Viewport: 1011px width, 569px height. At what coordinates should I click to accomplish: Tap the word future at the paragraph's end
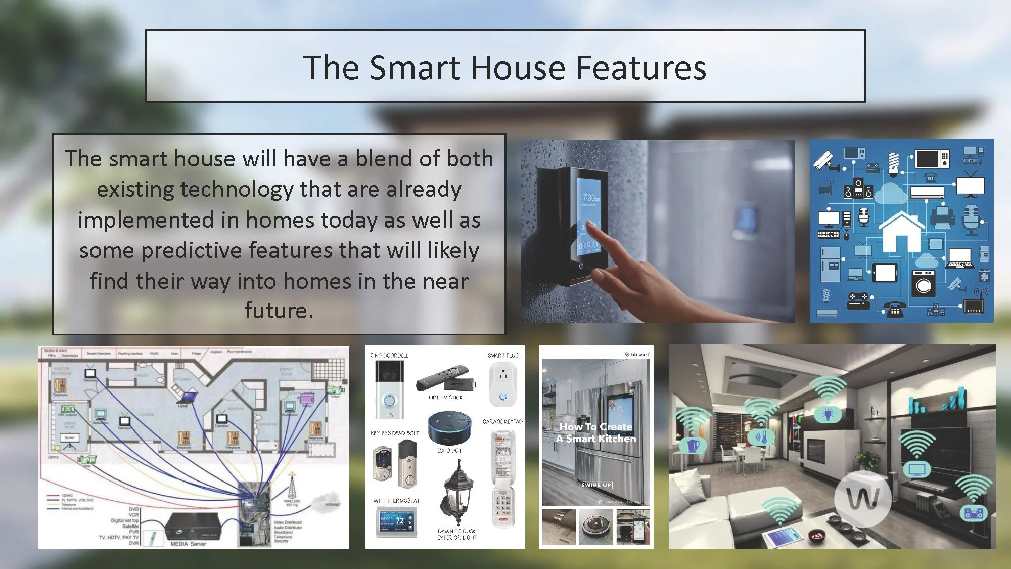click(x=278, y=311)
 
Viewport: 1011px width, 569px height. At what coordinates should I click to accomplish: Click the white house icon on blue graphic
click(x=901, y=232)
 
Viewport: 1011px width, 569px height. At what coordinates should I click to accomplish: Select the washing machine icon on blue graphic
click(x=924, y=283)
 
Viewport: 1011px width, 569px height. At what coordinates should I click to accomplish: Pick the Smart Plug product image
click(x=502, y=385)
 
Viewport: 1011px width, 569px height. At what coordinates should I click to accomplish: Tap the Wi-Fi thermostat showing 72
click(x=397, y=521)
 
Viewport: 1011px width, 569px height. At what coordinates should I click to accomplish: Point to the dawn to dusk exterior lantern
click(x=458, y=493)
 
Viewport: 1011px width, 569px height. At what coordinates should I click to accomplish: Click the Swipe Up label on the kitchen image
click(x=596, y=485)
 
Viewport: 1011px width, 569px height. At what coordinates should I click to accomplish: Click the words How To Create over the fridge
click(x=595, y=427)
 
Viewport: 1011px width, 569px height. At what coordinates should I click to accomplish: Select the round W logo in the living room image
click(x=862, y=498)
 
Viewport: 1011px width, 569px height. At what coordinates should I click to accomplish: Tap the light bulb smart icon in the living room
click(x=828, y=414)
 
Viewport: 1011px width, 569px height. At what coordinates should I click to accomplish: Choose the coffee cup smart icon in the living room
click(x=694, y=445)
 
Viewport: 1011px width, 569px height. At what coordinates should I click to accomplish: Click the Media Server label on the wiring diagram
click(x=188, y=544)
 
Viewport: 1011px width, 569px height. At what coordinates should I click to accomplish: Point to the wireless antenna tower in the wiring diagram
click(x=292, y=486)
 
